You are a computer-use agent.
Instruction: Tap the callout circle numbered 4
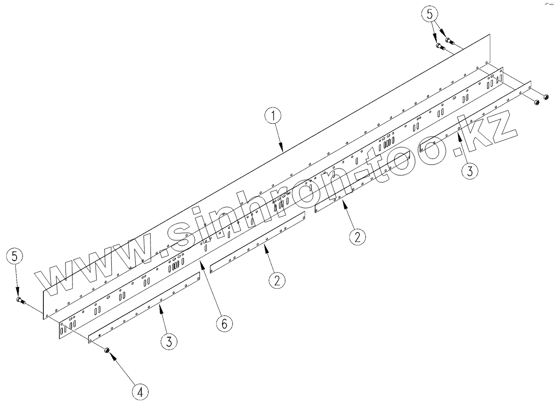140,392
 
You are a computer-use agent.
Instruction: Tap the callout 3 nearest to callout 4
169,341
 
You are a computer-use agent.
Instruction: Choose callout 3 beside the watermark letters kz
469,171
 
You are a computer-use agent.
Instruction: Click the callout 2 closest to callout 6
276,280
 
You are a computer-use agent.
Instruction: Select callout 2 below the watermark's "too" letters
357,236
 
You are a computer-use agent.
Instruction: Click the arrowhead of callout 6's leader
201,262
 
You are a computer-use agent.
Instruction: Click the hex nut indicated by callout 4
106,350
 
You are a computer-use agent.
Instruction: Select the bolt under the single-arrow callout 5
19,301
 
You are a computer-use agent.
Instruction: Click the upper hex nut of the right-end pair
545,97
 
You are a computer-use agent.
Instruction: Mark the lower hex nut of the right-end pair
537,102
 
